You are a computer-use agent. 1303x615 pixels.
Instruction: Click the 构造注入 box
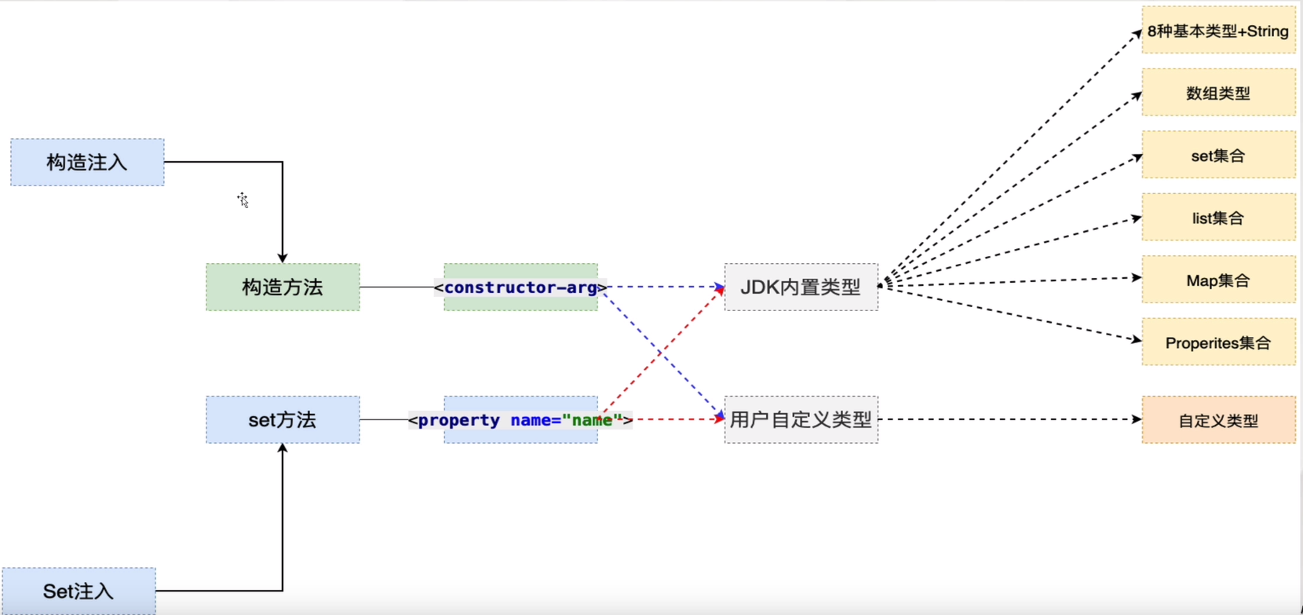(x=87, y=163)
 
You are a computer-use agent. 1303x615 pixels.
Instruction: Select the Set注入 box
(x=78, y=591)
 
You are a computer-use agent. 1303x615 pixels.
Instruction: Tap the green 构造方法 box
(x=283, y=287)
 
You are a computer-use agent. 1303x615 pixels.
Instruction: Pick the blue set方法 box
(x=283, y=420)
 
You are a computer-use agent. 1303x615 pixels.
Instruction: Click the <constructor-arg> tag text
(x=520, y=287)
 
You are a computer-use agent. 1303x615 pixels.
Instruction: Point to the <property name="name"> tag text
(x=520, y=420)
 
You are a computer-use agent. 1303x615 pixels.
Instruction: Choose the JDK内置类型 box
(x=801, y=287)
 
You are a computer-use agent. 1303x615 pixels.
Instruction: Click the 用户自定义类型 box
(x=801, y=420)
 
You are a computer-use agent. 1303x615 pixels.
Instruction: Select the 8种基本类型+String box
(x=1218, y=31)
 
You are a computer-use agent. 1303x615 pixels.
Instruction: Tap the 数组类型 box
(x=1218, y=93)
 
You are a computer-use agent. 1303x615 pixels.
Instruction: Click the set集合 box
(x=1218, y=156)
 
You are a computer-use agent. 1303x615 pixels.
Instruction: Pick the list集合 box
(x=1218, y=218)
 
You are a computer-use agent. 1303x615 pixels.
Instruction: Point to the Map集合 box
(x=1218, y=280)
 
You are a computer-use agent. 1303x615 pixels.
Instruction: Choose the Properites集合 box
(x=1218, y=342)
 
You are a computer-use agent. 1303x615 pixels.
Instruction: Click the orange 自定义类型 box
(x=1218, y=421)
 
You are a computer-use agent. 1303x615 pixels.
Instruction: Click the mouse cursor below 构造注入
(x=243, y=200)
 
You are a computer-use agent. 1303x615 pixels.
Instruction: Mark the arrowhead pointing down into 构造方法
(x=283, y=258)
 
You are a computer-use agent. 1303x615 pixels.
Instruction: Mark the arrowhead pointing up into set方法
(x=283, y=448)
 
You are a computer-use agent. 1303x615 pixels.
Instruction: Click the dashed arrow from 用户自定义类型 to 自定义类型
(x=1009, y=419)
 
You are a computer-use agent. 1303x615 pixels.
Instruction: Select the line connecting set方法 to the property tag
(x=384, y=419)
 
